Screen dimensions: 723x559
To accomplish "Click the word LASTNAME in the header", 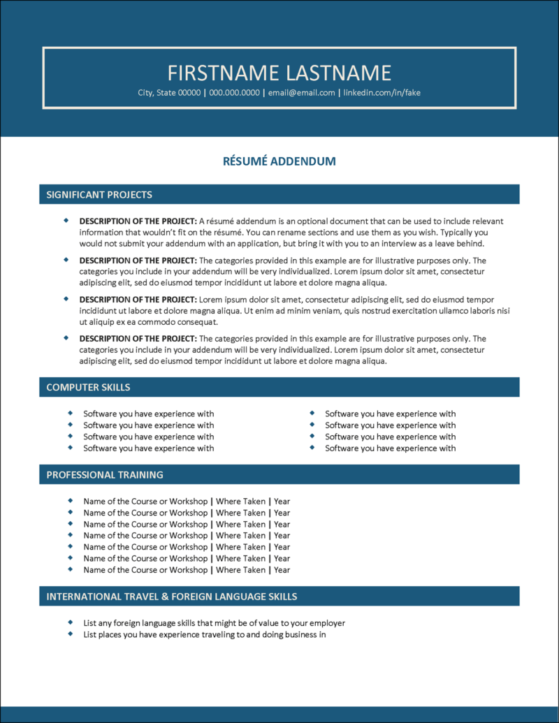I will click(x=335, y=73).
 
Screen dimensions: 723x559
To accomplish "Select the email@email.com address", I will click(x=302, y=93).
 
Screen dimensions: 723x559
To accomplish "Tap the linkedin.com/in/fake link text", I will click(x=382, y=93).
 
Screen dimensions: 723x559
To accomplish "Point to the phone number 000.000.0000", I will click(x=234, y=93).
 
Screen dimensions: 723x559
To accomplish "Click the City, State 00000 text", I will click(x=169, y=93).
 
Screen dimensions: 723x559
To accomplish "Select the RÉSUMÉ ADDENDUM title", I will click(x=279, y=161).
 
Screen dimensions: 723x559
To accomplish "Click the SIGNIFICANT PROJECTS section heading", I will click(x=99, y=195).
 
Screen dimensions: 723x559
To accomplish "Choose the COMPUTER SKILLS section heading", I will click(x=88, y=387).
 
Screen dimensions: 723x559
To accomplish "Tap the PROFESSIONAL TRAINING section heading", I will click(x=105, y=475).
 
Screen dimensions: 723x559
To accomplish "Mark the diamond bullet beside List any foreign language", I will click(x=71, y=622).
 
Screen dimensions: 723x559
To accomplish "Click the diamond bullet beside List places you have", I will click(x=71, y=634).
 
